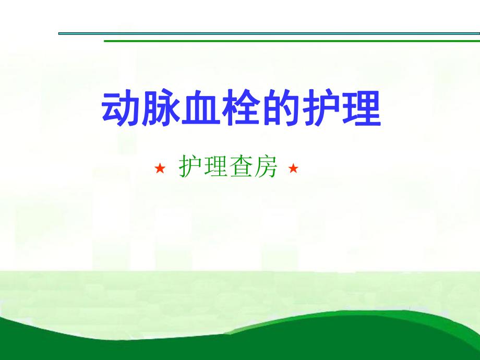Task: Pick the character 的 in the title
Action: [282, 110]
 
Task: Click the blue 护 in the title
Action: [322, 110]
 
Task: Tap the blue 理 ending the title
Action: [362, 110]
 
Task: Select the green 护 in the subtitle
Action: [190, 167]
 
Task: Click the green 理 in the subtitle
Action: [215, 167]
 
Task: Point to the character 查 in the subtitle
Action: [240, 167]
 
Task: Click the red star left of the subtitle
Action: [160, 169]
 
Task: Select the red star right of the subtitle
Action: [293, 169]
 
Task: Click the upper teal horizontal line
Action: [261, 33]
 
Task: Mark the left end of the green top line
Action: [106, 41]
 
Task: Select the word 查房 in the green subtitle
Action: [253, 167]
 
